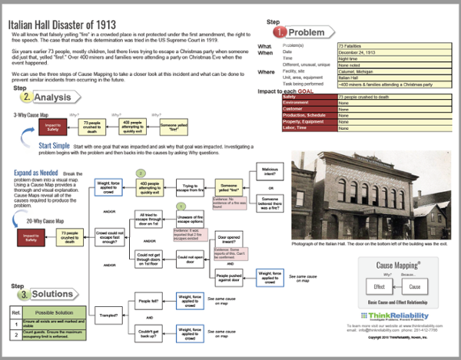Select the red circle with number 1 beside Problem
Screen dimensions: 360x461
[x=282, y=32]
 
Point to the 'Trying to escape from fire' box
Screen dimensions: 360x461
[x=189, y=188]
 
